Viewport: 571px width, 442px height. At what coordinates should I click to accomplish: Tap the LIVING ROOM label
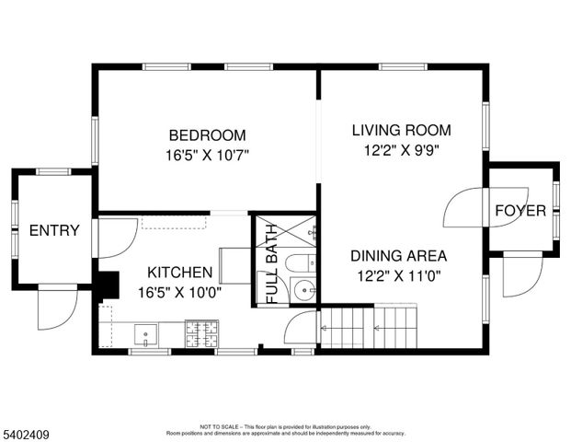(401, 130)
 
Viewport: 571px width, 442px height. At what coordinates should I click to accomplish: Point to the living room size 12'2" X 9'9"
(401, 150)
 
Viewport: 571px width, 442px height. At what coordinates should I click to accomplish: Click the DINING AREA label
(399, 256)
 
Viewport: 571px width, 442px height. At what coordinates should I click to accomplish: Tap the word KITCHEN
(180, 273)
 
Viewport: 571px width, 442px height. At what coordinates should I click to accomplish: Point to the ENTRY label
(54, 230)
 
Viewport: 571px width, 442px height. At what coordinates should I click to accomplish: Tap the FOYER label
(520, 211)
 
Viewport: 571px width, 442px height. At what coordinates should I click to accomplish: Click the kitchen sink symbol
(146, 332)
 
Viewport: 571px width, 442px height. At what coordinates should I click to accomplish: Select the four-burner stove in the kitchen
(200, 334)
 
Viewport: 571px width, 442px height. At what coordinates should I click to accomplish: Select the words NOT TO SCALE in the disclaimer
(220, 426)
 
